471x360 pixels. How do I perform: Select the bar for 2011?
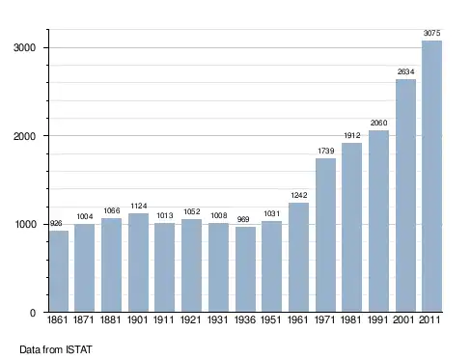pos(431,177)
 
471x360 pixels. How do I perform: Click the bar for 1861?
pos(59,271)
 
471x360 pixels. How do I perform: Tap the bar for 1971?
pos(325,235)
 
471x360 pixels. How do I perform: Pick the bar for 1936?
pos(245,269)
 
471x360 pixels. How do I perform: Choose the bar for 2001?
pos(405,196)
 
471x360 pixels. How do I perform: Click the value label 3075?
pos(431,33)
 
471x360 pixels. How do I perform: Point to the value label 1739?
pos(326,151)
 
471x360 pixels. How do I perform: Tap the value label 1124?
pos(139,206)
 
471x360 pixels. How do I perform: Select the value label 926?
pos(56,224)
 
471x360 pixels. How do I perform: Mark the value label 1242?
pos(299,195)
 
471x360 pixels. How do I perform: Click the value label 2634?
pos(405,71)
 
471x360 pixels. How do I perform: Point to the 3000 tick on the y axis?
pos(24,48)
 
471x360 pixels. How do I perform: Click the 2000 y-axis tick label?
pos(24,136)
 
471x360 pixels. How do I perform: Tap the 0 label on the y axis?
pos(33,313)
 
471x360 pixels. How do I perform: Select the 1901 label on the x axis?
pos(137,320)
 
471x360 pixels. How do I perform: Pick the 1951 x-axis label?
pos(271,320)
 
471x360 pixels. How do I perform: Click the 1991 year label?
pos(378,320)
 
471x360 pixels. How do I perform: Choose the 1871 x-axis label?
pos(84,320)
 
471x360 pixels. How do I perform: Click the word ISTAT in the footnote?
pos(79,349)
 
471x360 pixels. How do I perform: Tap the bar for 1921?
pos(191,265)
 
